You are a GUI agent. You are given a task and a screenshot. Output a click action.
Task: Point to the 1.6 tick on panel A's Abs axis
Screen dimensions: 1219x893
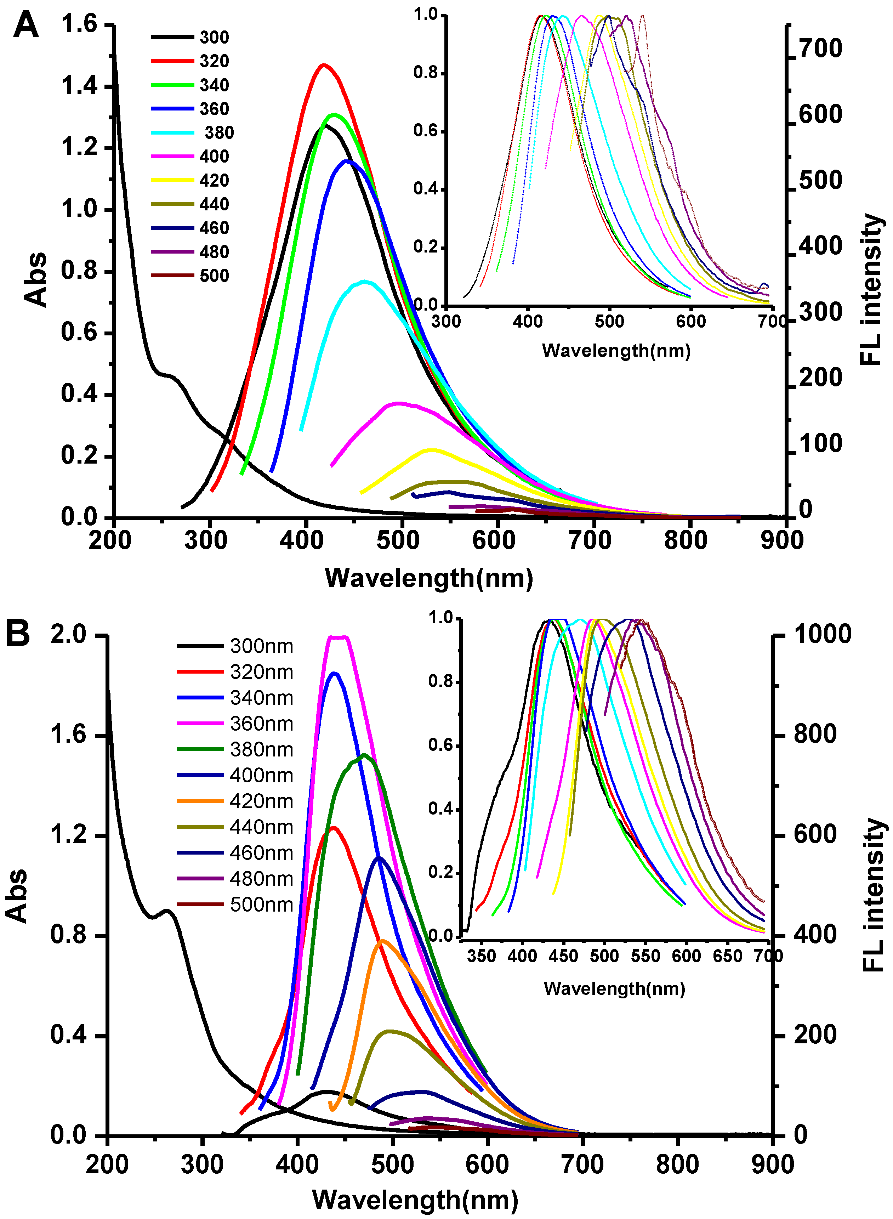click(79, 24)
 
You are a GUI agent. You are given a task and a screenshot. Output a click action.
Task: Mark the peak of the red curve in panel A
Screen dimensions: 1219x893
click(323, 65)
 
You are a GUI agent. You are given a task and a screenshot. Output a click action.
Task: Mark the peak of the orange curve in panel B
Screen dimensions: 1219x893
click(382, 941)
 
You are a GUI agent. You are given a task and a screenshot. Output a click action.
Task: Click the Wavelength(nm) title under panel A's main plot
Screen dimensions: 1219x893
click(429, 578)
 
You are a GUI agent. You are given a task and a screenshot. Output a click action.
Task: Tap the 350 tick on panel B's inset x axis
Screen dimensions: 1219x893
click(481, 956)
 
